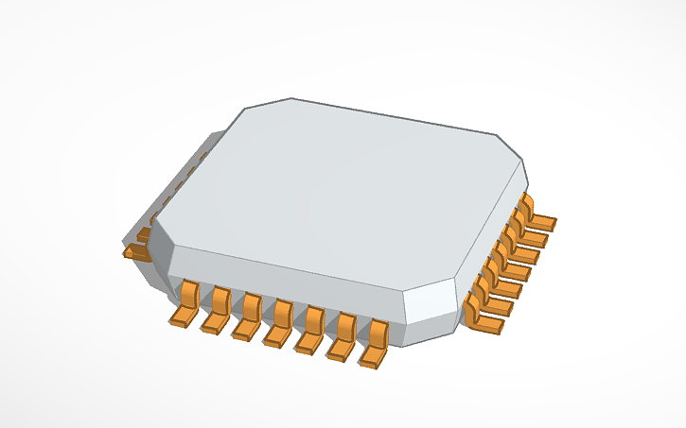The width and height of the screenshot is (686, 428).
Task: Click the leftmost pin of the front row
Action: pyautogui.click(x=184, y=304)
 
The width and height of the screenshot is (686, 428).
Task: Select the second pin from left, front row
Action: pyautogui.click(x=216, y=311)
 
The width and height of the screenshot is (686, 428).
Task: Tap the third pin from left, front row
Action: pyautogui.click(x=246, y=317)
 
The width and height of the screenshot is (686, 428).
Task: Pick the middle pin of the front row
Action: pyautogui.click(x=278, y=324)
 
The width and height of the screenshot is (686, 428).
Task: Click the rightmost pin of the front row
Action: pyautogui.click(x=375, y=346)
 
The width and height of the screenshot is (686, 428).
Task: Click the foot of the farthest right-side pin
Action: pyautogui.click(x=542, y=223)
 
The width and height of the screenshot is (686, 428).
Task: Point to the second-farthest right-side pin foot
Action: pyautogui.click(x=535, y=237)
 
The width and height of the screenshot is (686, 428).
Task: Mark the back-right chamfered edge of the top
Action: pyautogui.click(x=509, y=145)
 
